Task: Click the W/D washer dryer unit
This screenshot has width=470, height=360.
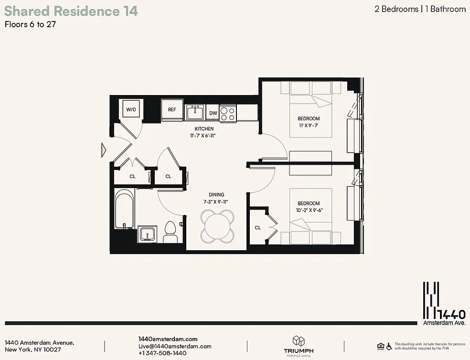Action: pyautogui.click(x=131, y=110)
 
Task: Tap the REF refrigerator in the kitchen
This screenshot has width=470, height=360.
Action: pyautogui.click(x=172, y=110)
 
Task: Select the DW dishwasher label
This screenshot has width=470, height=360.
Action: pyautogui.click(x=213, y=113)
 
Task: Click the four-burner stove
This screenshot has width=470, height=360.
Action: pyautogui.click(x=228, y=113)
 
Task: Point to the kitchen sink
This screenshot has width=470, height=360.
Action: pyautogui.click(x=195, y=112)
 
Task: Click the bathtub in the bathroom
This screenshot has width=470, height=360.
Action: pyautogui.click(x=124, y=209)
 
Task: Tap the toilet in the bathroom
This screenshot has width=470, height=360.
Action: pyautogui.click(x=170, y=232)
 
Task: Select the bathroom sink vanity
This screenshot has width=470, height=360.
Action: pyautogui.click(x=147, y=234)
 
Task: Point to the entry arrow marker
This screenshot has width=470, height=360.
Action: pyautogui.click(x=104, y=150)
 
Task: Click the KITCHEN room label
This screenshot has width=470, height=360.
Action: pyautogui.click(x=204, y=128)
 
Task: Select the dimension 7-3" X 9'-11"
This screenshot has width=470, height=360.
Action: pyautogui.click(x=216, y=202)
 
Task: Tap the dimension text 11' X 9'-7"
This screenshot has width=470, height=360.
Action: pyautogui.click(x=309, y=126)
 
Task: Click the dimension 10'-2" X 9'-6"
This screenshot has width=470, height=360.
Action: pyautogui.click(x=309, y=210)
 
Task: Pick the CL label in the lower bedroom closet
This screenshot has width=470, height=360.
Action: pyautogui.click(x=258, y=228)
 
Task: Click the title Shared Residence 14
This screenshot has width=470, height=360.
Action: pyautogui.click(x=71, y=11)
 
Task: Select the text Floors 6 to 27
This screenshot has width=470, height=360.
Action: pyautogui.click(x=30, y=24)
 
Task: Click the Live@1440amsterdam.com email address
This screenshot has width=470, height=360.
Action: pyautogui.click(x=175, y=346)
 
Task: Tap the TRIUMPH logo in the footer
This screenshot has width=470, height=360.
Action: pyautogui.click(x=299, y=346)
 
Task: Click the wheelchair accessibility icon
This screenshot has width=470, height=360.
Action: pyautogui.click(x=389, y=346)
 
